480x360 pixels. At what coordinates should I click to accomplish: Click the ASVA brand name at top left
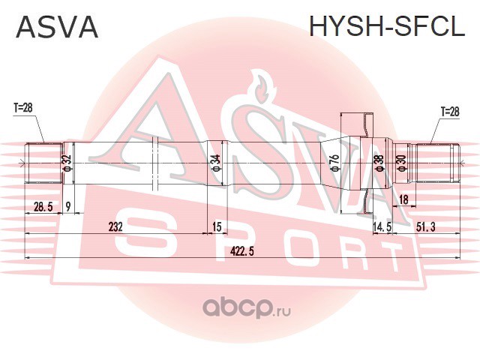click(57, 27)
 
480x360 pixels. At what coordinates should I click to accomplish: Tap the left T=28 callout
click(22, 108)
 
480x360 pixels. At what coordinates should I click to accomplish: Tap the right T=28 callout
click(449, 112)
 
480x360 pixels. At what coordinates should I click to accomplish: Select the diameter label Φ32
click(67, 163)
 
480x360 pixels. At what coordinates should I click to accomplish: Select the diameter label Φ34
click(216, 163)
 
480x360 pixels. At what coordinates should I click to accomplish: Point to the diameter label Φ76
click(335, 163)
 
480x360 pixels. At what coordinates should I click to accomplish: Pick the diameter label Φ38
click(379, 163)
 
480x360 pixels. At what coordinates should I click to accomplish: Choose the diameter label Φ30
click(402, 163)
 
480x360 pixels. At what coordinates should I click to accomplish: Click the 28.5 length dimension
click(43, 207)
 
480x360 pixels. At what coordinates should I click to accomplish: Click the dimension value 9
click(68, 207)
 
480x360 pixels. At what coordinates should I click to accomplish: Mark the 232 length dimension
click(115, 226)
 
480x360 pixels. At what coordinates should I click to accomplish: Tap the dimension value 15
click(217, 226)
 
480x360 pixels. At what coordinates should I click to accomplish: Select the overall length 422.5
click(242, 252)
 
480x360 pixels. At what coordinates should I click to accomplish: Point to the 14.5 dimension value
click(382, 226)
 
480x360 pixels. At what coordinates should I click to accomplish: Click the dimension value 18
click(403, 199)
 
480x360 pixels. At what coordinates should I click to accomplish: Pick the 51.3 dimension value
click(425, 226)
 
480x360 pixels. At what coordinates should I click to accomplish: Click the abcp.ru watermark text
click(247, 307)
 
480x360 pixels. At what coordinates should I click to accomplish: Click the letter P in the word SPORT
click(231, 245)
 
